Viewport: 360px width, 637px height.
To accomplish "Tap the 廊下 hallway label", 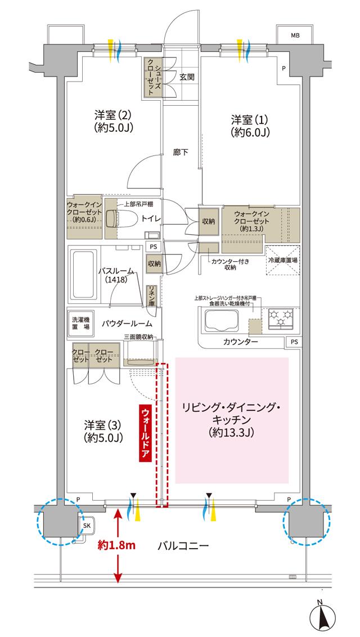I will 181,152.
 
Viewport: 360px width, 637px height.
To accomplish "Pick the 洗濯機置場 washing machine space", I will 80,323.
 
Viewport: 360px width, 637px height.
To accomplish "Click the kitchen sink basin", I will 222,321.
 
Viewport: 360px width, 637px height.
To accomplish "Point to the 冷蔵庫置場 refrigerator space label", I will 283,261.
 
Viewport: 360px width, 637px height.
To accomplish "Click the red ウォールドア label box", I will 145,432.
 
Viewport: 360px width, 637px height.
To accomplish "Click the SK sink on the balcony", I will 87,526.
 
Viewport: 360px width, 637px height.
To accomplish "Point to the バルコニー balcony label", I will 183,545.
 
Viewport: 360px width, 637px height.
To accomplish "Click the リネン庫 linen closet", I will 151,295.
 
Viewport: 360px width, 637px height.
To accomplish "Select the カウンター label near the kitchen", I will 241,342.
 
